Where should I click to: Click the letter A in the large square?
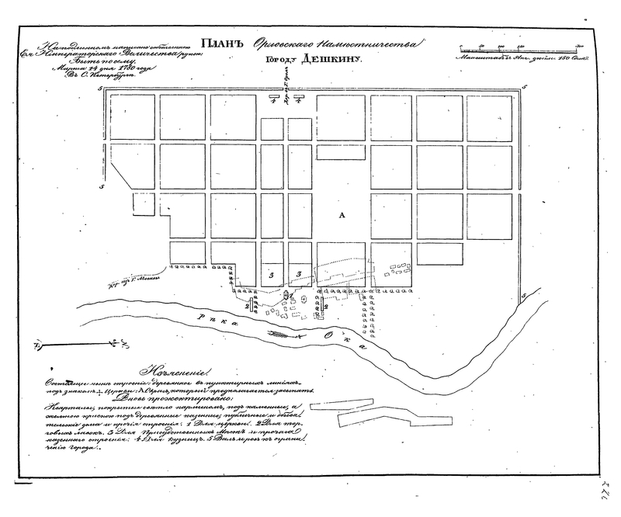click(x=340, y=215)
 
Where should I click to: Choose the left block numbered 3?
click(x=271, y=274)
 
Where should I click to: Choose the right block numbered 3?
click(x=297, y=274)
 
